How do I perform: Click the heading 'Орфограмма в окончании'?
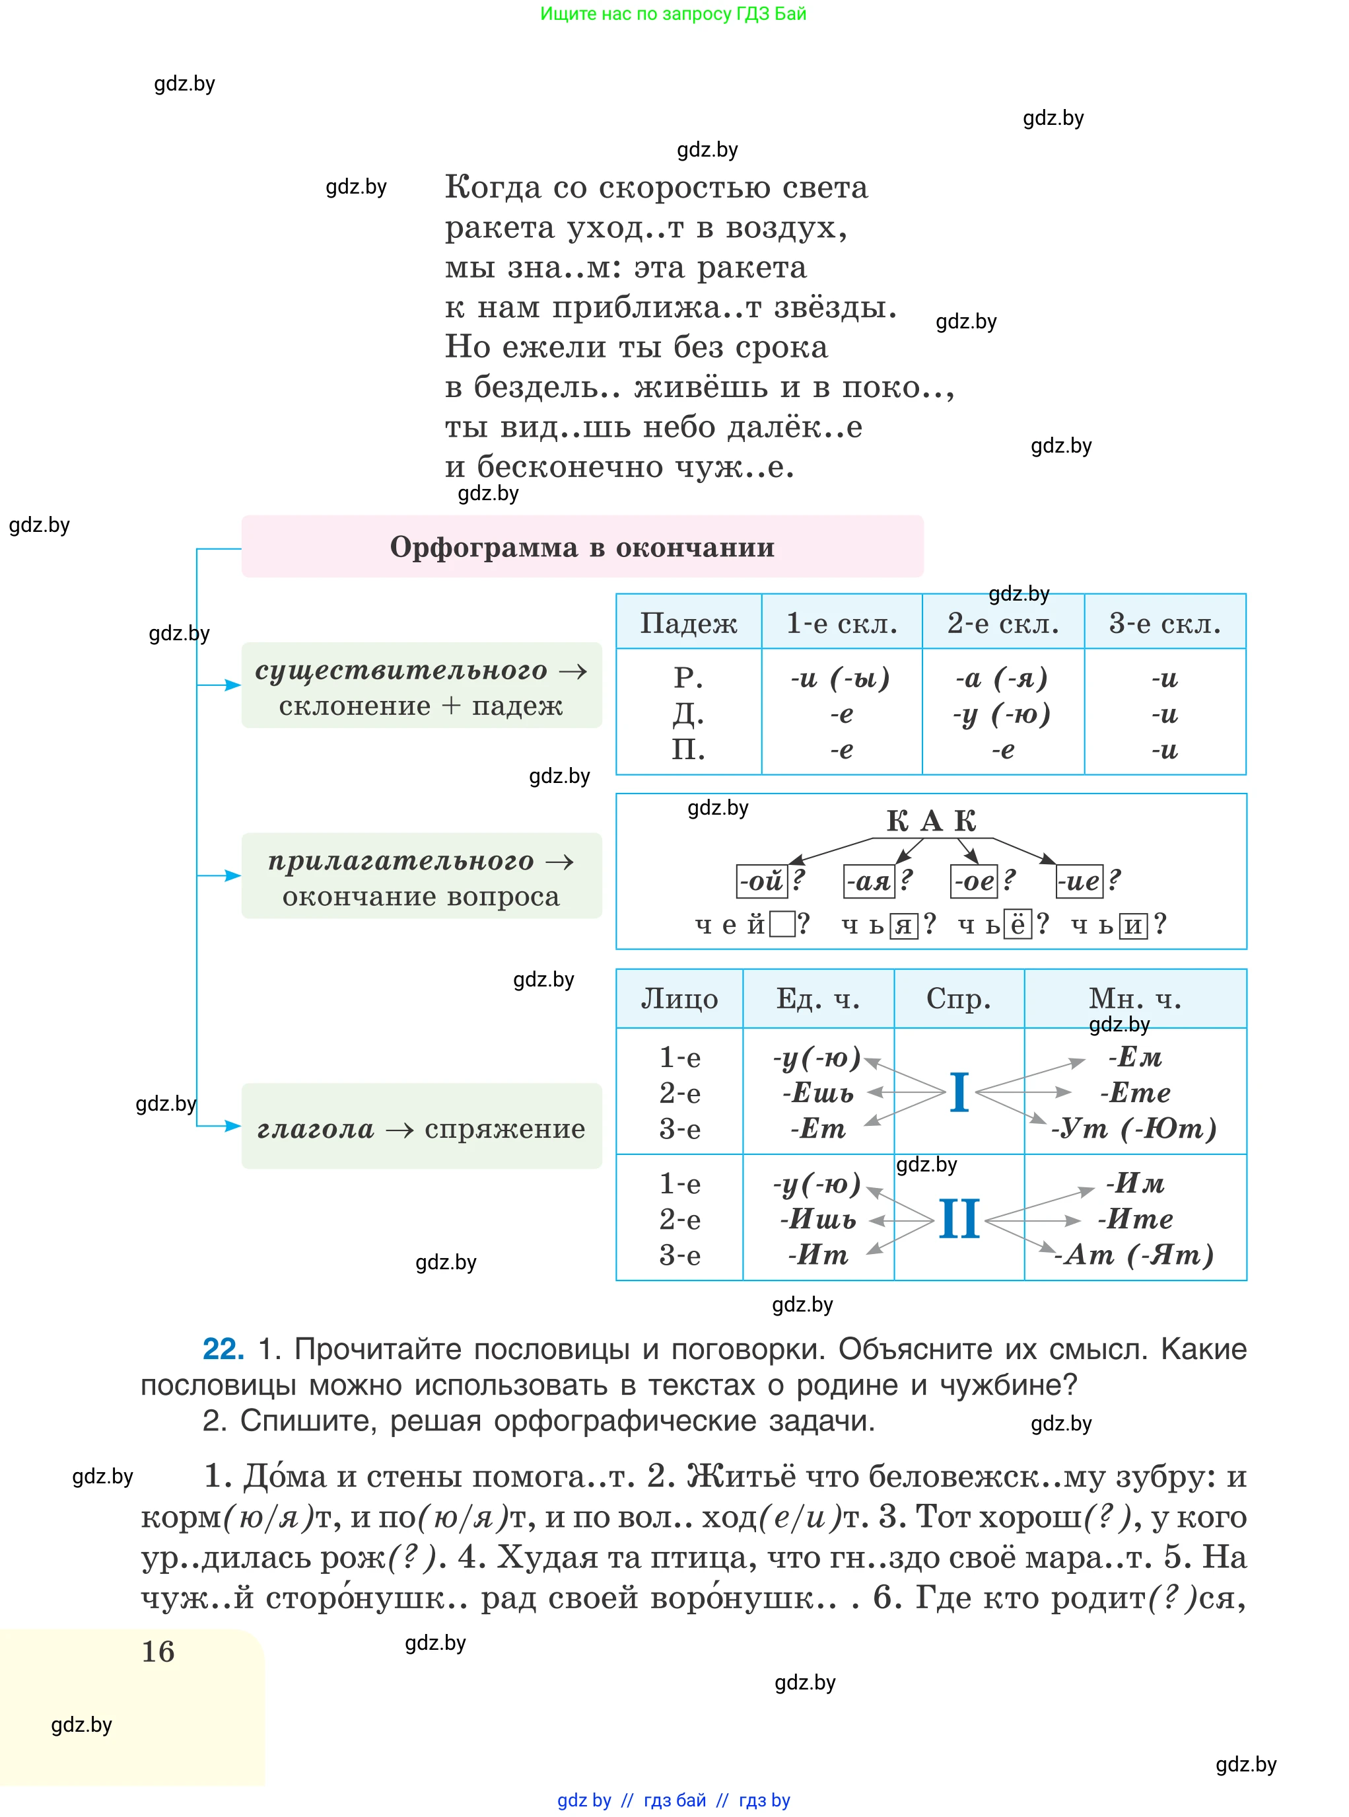click(582, 546)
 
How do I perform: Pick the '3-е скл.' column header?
click(1165, 623)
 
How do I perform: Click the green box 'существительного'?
click(421, 685)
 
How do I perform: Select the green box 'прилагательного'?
click(421, 877)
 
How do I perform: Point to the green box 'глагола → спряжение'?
click(421, 1127)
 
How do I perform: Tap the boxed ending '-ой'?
click(761, 881)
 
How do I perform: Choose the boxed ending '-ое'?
click(973, 881)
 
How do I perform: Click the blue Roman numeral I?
click(959, 1092)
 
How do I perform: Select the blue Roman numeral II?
click(959, 1219)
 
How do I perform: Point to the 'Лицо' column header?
click(679, 998)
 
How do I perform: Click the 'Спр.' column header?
click(959, 998)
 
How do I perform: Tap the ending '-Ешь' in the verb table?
click(818, 1092)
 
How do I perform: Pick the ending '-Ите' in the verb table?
click(1135, 1219)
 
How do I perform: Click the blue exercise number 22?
click(223, 1349)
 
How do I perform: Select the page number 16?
click(158, 1651)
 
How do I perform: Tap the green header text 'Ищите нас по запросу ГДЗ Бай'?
click(673, 13)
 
